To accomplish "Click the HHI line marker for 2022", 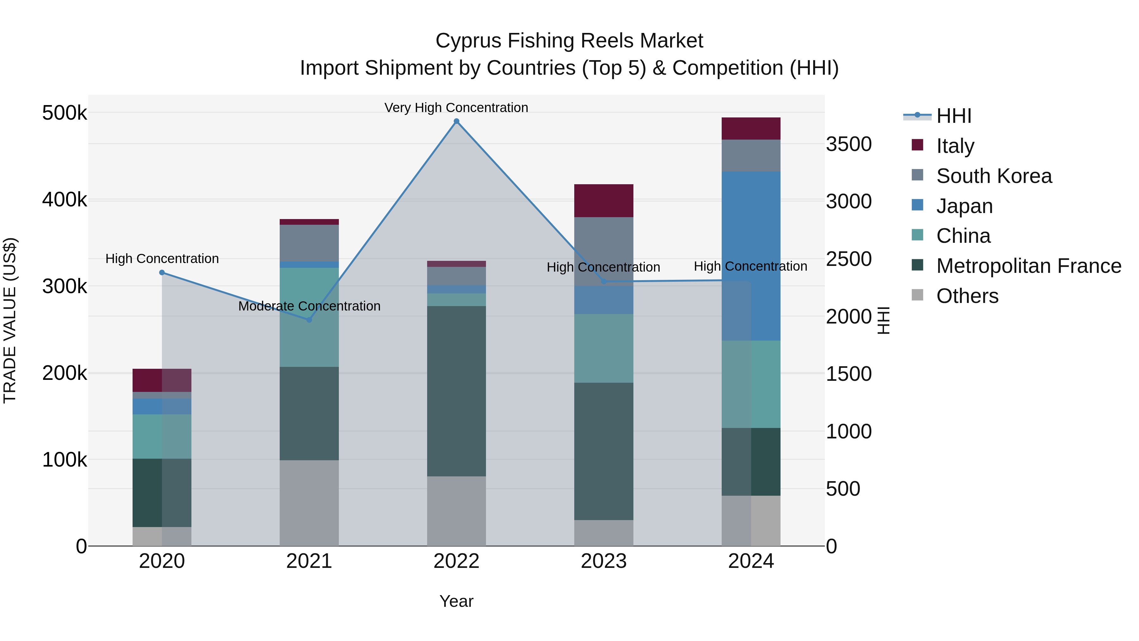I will pos(456,121).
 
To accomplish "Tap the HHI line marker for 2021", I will pos(309,320).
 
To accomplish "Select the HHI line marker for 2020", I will pos(162,273).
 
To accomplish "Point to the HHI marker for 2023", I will pos(604,281).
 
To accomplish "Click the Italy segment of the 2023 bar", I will pos(604,200).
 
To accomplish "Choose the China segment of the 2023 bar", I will pos(604,348).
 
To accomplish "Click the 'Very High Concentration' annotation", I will pos(456,108).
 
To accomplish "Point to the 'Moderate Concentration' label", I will pos(309,306).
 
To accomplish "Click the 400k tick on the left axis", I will pos(65,199).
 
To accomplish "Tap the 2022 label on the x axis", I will pos(456,561).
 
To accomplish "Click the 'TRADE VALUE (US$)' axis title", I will pos(10,320).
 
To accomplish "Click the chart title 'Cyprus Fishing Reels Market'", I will pos(569,41).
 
